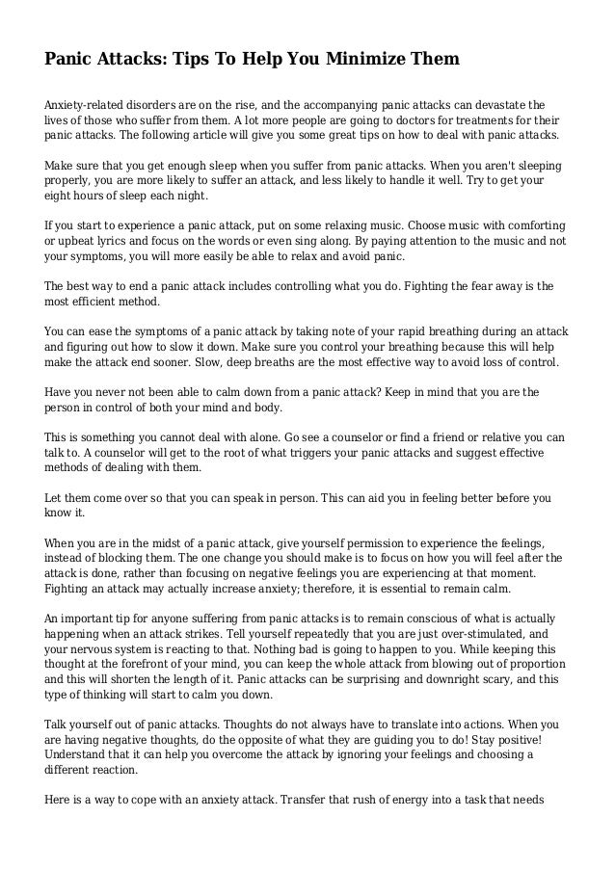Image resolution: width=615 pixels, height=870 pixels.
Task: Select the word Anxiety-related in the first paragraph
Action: pos(91,104)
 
